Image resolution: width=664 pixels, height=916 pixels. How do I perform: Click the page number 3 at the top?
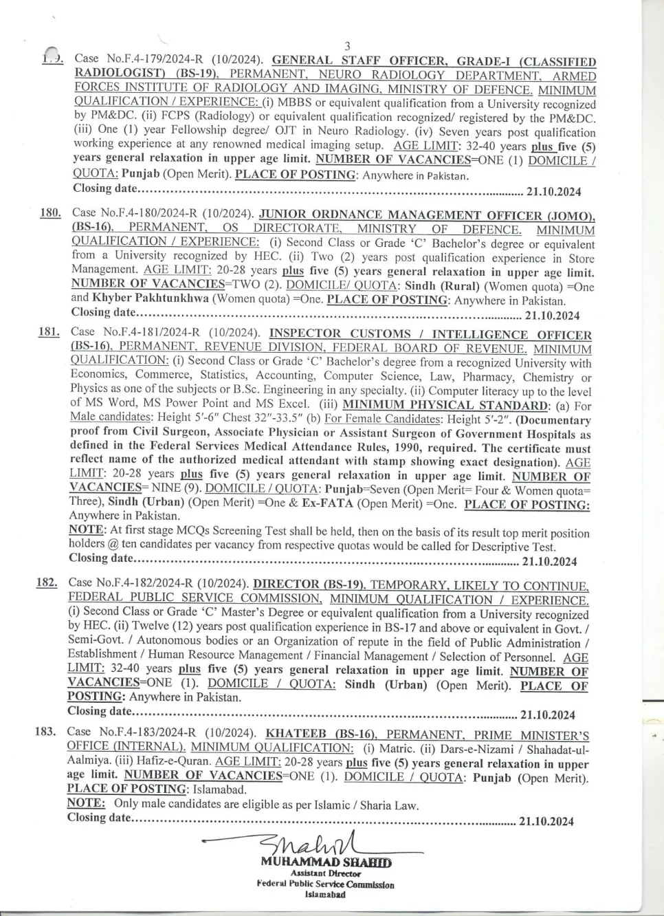(348, 46)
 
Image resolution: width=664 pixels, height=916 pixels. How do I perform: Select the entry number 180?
(51, 213)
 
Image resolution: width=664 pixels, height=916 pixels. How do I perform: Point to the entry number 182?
(47, 582)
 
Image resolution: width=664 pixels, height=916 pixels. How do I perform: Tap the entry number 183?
(45, 731)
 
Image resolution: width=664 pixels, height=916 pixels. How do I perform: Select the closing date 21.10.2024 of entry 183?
(546, 820)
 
